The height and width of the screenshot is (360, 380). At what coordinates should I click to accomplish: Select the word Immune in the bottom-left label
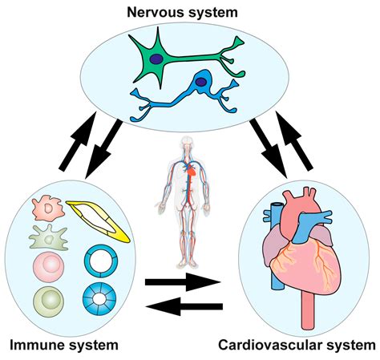(x=36, y=346)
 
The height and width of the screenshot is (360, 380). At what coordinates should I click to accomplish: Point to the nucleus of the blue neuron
(x=196, y=81)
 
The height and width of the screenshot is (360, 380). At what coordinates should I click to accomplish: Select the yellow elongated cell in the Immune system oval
(x=98, y=222)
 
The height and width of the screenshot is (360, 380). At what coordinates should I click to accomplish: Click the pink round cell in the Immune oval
(x=48, y=265)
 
